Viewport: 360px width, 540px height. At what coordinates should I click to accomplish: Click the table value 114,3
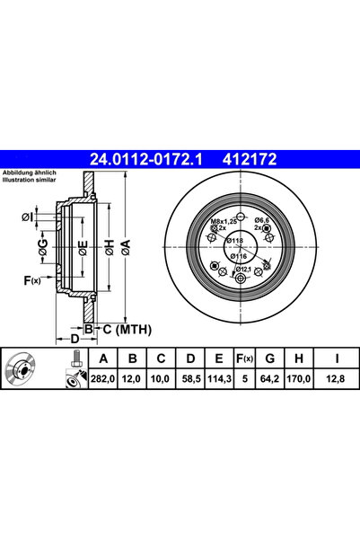click(x=215, y=380)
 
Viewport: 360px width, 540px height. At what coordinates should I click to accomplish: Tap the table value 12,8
click(x=334, y=380)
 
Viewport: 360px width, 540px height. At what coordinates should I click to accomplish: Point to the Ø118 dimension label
click(x=235, y=242)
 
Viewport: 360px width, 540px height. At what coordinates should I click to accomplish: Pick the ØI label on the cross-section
click(x=27, y=217)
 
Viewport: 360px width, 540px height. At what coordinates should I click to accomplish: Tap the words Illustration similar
click(x=30, y=179)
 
